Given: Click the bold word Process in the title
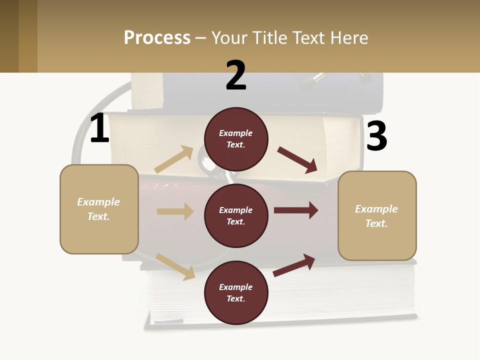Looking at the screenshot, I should point(157,38).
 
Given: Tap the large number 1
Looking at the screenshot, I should point(99,128).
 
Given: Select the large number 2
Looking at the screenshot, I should point(236,75).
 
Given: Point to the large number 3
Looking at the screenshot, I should point(376,136).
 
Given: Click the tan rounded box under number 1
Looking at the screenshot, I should point(99,209).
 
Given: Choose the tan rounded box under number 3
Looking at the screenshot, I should point(377,216).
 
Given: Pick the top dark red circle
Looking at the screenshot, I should point(236,139).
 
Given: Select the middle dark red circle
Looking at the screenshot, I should point(236,216).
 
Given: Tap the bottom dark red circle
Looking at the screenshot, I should point(236,293).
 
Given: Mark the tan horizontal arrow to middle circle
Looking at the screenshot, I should point(175,211).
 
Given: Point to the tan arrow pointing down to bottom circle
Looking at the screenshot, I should point(175,266).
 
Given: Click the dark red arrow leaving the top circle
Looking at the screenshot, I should point(298,159).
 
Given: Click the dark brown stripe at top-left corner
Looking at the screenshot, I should point(9,36).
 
